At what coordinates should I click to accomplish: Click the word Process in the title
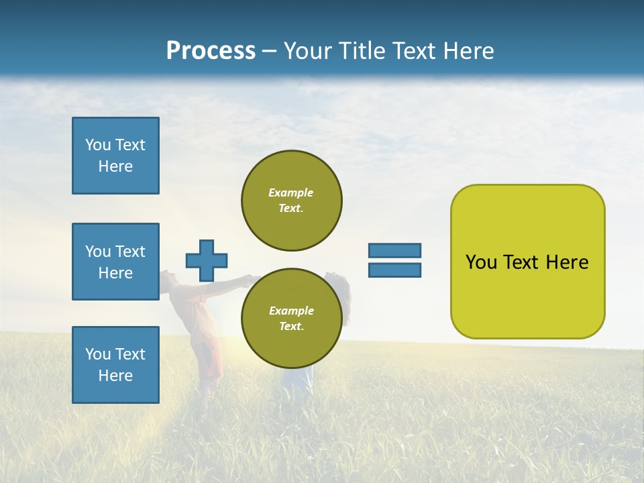tap(211, 51)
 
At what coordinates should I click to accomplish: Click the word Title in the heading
tap(362, 51)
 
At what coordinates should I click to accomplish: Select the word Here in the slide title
tap(467, 51)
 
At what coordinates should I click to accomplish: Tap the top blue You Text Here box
tap(115, 156)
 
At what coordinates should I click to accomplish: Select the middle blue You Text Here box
tap(115, 262)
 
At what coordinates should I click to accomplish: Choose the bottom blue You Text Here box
tap(115, 365)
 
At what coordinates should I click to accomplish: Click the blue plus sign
tap(207, 260)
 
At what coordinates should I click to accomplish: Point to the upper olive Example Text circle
tap(291, 201)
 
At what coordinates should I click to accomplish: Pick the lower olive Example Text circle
tap(291, 319)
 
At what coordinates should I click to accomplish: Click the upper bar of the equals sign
tap(394, 250)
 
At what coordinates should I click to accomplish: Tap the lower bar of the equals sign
tap(394, 270)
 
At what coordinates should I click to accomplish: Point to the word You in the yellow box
tap(480, 262)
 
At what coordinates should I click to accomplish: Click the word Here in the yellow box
tap(567, 262)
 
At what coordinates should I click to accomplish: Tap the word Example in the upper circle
tap(291, 193)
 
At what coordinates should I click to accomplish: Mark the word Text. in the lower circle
tap(291, 327)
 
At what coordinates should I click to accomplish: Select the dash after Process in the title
tap(269, 51)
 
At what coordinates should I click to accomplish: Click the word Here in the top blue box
tap(115, 166)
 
